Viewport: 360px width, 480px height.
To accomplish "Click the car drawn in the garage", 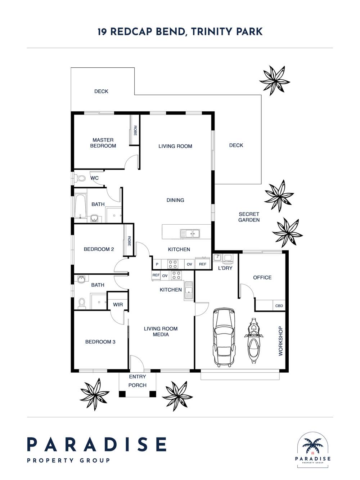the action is (224, 337).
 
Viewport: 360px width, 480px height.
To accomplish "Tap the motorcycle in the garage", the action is (253, 340).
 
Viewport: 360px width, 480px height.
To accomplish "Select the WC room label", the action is (94, 178).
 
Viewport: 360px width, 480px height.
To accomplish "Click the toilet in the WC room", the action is (80, 178).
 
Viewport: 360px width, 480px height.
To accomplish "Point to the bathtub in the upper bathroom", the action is (80, 205).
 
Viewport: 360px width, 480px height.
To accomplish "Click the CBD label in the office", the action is (279, 306).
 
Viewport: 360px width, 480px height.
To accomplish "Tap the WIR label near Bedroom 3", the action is (118, 304).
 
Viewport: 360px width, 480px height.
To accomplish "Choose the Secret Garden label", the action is (249, 217).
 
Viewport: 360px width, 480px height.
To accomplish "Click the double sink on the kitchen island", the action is (190, 234).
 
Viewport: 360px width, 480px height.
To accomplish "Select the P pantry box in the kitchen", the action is (157, 264).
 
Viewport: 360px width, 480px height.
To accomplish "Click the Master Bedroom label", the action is (103, 143).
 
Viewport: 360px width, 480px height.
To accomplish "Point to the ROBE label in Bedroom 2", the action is (129, 241).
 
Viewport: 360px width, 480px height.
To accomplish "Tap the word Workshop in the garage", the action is (280, 341).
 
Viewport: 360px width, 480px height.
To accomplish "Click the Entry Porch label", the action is (137, 381).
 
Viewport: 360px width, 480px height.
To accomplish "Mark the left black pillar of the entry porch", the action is (122, 394).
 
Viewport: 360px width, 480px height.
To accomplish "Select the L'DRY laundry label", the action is (225, 268).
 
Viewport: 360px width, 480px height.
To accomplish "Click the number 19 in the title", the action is (102, 32).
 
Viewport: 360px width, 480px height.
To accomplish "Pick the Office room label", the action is (262, 278).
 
